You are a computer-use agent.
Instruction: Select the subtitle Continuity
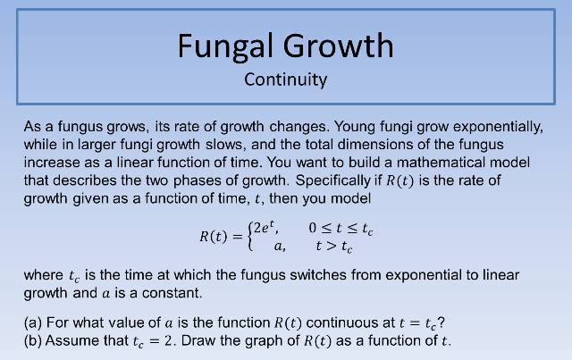point(286,80)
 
